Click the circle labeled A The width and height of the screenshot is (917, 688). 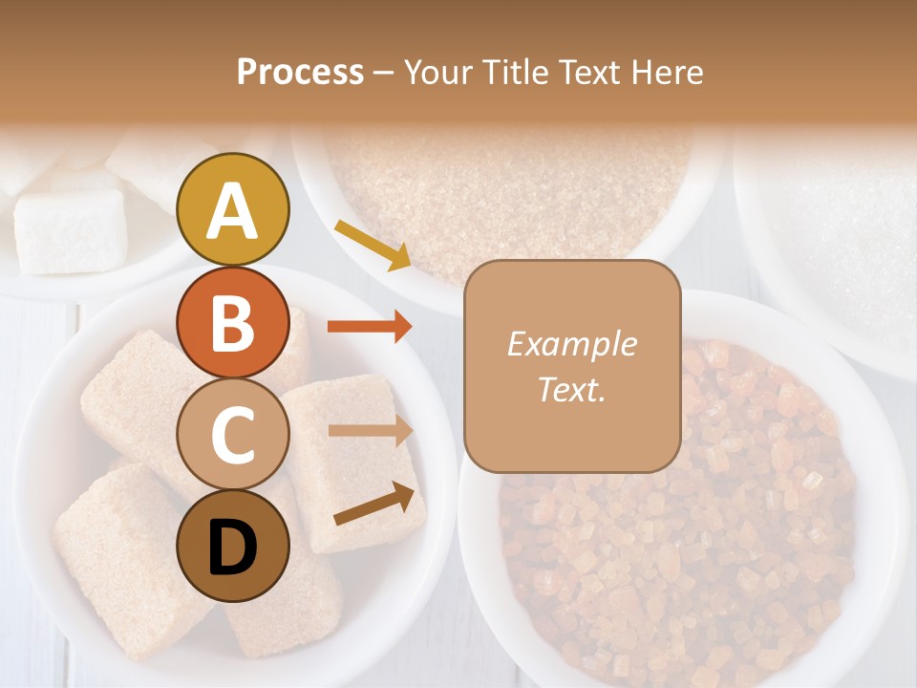pyautogui.click(x=233, y=210)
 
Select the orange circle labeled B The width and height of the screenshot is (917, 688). pyautogui.click(x=233, y=322)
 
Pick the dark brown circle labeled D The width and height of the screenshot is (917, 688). pyautogui.click(x=233, y=547)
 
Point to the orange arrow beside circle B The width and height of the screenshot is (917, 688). pyautogui.click(x=370, y=326)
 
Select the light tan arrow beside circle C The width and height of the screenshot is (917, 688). pyautogui.click(x=370, y=430)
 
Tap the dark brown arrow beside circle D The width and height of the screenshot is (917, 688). pyautogui.click(x=378, y=505)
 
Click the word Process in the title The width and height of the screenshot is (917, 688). pyautogui.click(x=300, y=73)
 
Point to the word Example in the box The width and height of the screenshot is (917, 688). pyautogui.click(x=571, y=345)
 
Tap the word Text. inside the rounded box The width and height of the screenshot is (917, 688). pyautogui.click(x=571, y=389)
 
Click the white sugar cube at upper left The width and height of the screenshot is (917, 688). pyautogui.click(x=71, y=230)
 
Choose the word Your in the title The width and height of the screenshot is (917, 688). pyautogui.click(x=439, y=73)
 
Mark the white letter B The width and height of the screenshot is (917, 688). pyautogui.click(x=232, y=323)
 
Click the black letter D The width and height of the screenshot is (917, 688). pyautogui.click(x=232, y=548)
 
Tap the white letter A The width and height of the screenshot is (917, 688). pyautogui.click(x=232, y=211)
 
